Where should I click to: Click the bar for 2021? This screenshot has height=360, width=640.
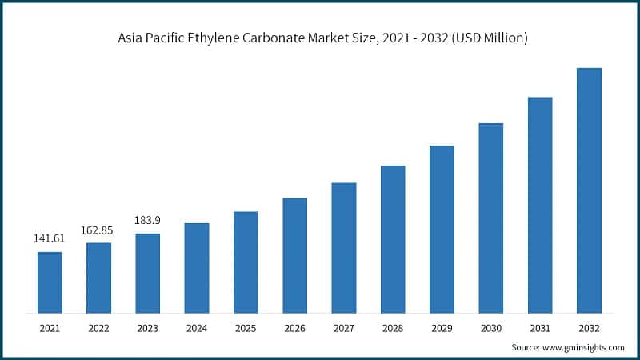(x=50, y=282)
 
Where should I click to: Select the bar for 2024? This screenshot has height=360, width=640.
(x=197, y=267)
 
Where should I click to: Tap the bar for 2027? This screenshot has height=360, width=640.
(x=344, y=247)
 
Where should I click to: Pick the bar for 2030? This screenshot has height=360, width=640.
(x=490, y=218)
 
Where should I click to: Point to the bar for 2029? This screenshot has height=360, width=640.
(x=442, y=229)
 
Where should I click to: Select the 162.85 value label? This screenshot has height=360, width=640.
(x=98, y=230)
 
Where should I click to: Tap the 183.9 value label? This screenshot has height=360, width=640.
(x=147, y=220)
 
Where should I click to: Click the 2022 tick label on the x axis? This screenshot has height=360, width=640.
(x=98, y=328)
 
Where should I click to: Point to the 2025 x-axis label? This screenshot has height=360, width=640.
(x=246, y=328)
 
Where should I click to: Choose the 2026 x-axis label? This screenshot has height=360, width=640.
(x=294, y=328)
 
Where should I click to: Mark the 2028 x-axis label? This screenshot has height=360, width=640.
(x=393, y=328)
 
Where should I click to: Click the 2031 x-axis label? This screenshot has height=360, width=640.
(x=540, y=328)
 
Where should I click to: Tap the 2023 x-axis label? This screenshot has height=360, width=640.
(x=147, y=328)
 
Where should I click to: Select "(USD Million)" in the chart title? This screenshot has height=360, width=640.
(x=488, y=38)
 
